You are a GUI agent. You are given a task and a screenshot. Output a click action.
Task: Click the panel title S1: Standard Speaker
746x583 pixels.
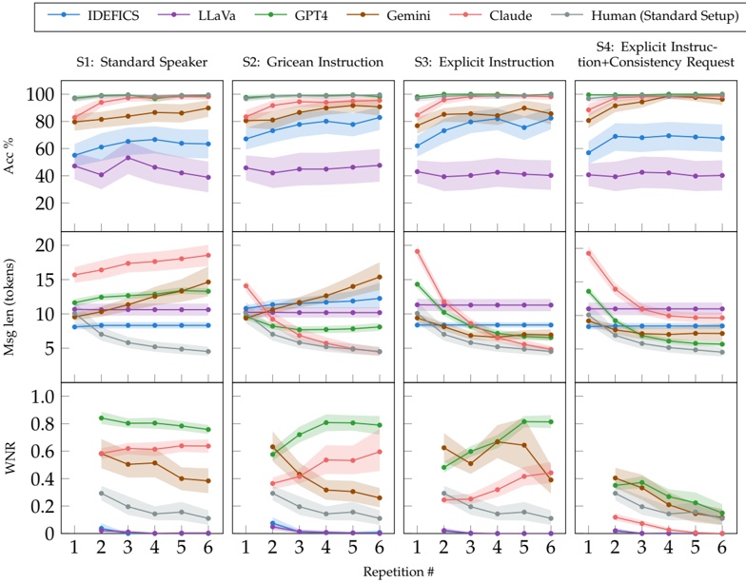[x=144, y=62]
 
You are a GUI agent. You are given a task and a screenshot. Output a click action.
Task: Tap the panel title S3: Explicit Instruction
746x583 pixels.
[x=486, y=62]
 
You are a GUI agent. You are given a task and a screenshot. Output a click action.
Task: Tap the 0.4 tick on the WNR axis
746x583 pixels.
[x=37, y=478]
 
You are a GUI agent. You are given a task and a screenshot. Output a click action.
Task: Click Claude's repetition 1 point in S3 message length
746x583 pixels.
[x=418, y=251]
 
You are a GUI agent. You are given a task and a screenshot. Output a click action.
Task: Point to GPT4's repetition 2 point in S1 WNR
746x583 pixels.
[x=101, y=418]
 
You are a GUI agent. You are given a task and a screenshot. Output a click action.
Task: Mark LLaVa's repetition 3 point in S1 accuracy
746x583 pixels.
[x=128, y=157]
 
